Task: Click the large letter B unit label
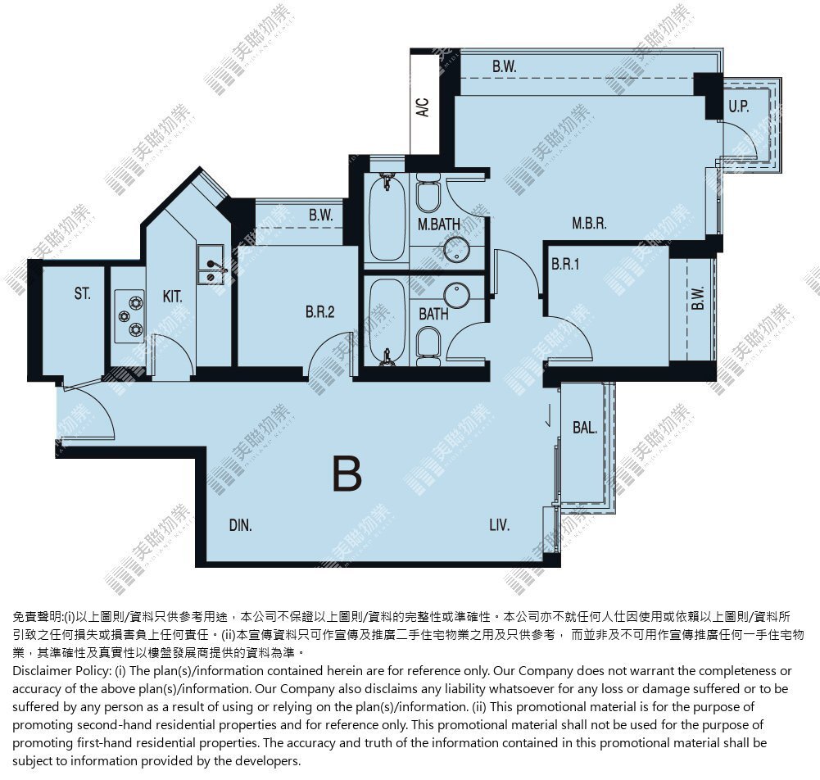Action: tap(347, 474)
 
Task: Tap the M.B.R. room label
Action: tap(589, 224)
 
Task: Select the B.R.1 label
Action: tap(565, 264)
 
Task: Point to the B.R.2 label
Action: tap(320, 312)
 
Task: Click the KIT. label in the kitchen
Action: tap(173, 297)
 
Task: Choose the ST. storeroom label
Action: tap(82, 293)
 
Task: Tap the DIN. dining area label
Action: tap(241, 525)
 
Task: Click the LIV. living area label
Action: tap(500, 524)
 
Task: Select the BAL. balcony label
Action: tap(585, 428)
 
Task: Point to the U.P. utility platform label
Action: tap(739, 107)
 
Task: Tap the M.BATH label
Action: tap(439, 224)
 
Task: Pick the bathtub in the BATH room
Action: tap(387, 320)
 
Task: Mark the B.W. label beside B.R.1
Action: tap(698, 298)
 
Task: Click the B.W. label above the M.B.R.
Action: tap(504, 66)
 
